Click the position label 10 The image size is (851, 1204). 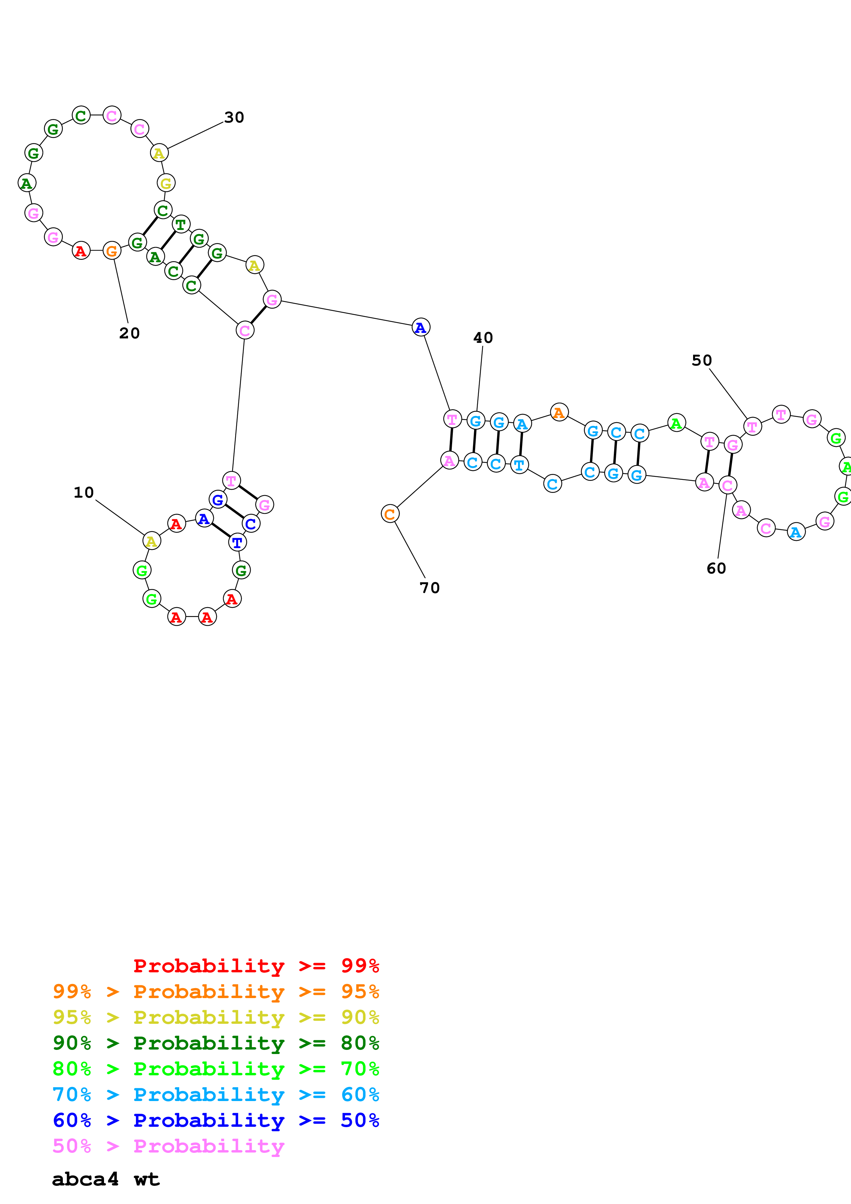[83, 493]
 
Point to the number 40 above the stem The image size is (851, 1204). [483, 338]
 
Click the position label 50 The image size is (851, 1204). [702, 360]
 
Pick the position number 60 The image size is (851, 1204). [716, 568]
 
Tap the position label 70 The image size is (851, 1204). [429, 588]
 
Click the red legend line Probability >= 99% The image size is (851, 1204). [256, 966]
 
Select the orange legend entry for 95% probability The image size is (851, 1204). [216, 992]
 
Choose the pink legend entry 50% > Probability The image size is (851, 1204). [168, 1146]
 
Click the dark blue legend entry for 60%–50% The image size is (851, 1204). [216, 1121]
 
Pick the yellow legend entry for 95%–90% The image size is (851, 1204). [216, 1017]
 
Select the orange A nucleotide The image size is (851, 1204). [559, 413]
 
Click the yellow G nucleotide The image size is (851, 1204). [166, 183]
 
